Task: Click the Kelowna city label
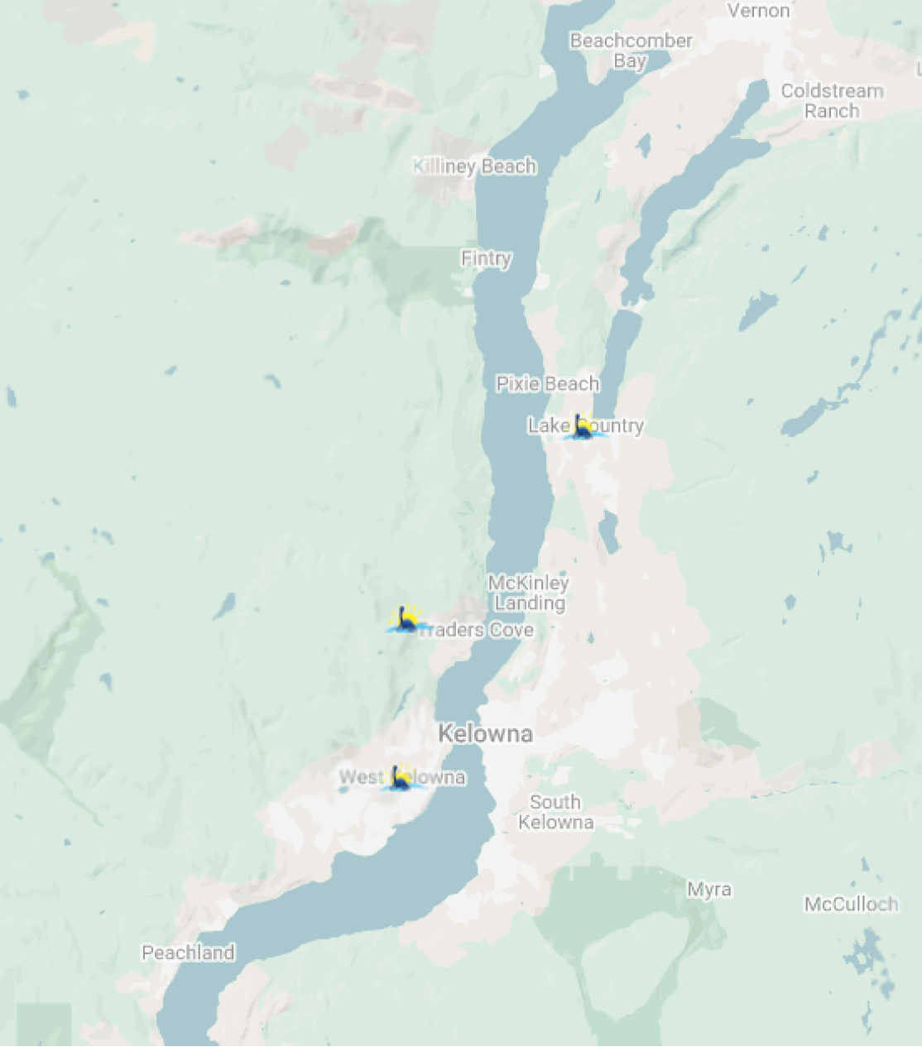point(485,733)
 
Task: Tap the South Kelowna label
point(555,812)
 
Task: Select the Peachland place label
point(188,953)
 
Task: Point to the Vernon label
point(758,11)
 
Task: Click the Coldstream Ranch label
point(832,101)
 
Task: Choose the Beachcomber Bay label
point(631,50)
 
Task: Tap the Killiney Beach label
point(475,166)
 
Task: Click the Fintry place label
point(486,258)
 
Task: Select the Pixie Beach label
point(547,383)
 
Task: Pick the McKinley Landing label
point(529,593)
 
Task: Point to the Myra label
point(709,890)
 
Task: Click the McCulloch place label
point(851,904)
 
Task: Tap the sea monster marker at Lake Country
point(583,427)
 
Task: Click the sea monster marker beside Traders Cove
point(406,619)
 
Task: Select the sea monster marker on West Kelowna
point(401,779)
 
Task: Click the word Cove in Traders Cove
point(511,630)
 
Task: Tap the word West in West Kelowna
point(361,777)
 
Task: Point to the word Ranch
point(832,111)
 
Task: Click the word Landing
point(530,603)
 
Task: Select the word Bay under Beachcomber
point(630,61)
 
